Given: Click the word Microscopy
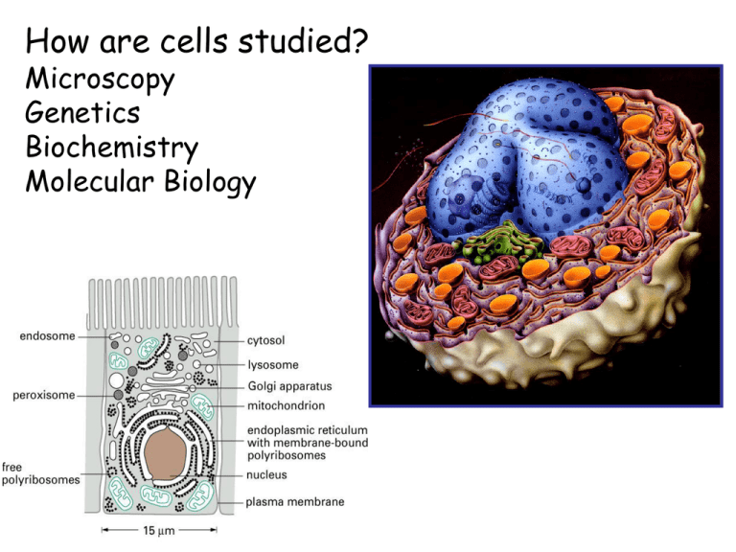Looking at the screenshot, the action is tap(100, 80).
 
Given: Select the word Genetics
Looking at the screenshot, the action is tap(82, 113).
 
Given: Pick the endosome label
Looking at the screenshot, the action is tap(47, 336).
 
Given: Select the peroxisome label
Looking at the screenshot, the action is tap(44, 395).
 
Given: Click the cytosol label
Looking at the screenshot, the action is tap(265, 341).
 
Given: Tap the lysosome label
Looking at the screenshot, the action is tap(273, 365).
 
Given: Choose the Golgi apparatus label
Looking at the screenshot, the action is tap(289, 386).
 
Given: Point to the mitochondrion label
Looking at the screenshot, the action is tap(286, 405).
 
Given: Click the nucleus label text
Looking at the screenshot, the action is tap(266, 475).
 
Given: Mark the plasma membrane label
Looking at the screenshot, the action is tap(295, 502).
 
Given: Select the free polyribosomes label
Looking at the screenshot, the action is tap(40, 473).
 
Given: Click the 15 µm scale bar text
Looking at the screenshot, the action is tap(159, 531).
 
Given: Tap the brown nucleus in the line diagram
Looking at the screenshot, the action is tap(165, 453).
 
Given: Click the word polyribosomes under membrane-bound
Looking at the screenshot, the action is tap(287, 456).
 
